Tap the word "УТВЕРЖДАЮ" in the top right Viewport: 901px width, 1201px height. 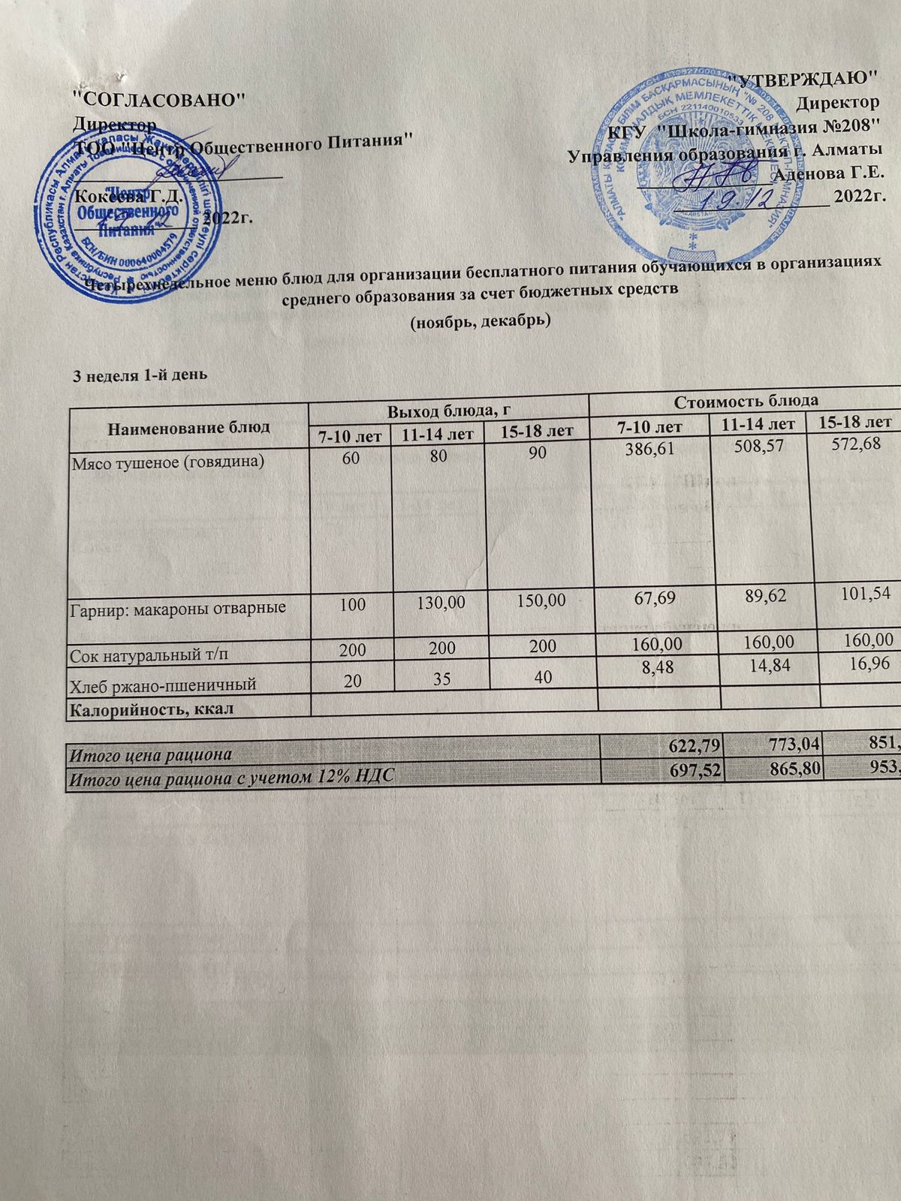(x=804, y=78)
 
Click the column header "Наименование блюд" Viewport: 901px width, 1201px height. (x=188, y=427)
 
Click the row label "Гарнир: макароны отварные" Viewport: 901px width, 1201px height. (x=178, y=607)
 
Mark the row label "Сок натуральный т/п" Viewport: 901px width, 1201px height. (x=149, y=655)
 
